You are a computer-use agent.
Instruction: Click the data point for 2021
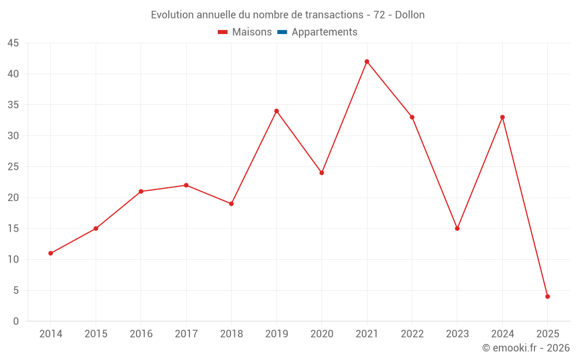(367, 62)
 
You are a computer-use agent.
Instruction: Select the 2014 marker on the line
(51, 253)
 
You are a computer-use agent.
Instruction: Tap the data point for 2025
(547, 297)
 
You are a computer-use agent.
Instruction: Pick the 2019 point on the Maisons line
(276, 111)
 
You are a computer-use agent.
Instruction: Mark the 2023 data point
(457, 229)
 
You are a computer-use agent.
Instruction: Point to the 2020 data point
(321, 173)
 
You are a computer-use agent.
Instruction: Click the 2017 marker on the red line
(186, 185)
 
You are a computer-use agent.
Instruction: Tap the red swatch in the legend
(223, 32)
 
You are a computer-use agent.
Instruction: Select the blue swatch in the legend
(282, 32)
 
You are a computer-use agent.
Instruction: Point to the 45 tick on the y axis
(13, 43)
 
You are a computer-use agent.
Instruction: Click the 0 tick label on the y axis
(16, 321)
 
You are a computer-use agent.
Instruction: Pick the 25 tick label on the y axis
(13, 167)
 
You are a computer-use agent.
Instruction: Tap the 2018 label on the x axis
(231, 334)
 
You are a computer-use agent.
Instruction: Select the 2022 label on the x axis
(412, 334)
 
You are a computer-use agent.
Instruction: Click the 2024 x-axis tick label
(502, 334)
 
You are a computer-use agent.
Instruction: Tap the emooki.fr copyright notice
(525, 348)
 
